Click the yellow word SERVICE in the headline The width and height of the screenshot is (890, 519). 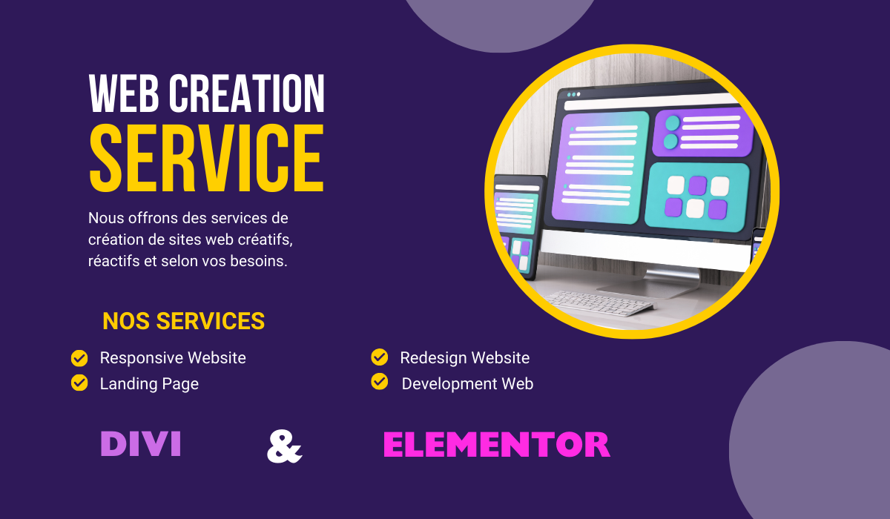[207, 158]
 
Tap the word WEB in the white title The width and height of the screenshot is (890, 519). [124, 93]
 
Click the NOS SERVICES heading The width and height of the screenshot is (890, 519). [184, 321]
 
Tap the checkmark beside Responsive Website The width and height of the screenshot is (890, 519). [79, 358]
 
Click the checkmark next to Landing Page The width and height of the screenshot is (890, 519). [79, 383]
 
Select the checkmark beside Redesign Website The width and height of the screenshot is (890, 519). [380, 357]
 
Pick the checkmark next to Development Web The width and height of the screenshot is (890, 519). [380, 382]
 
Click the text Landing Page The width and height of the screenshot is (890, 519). [149, 384]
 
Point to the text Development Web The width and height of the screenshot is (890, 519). [467, 383]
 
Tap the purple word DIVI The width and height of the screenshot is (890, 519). [141, 443]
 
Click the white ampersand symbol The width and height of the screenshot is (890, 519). [285, 446]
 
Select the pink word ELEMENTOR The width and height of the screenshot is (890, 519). [497, 444]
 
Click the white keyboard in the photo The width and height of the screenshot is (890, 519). [600, 303]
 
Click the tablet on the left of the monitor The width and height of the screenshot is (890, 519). [516, 227]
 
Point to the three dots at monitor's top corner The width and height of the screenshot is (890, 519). [573, 94]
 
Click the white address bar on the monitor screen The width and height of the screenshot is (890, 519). [652, 102]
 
